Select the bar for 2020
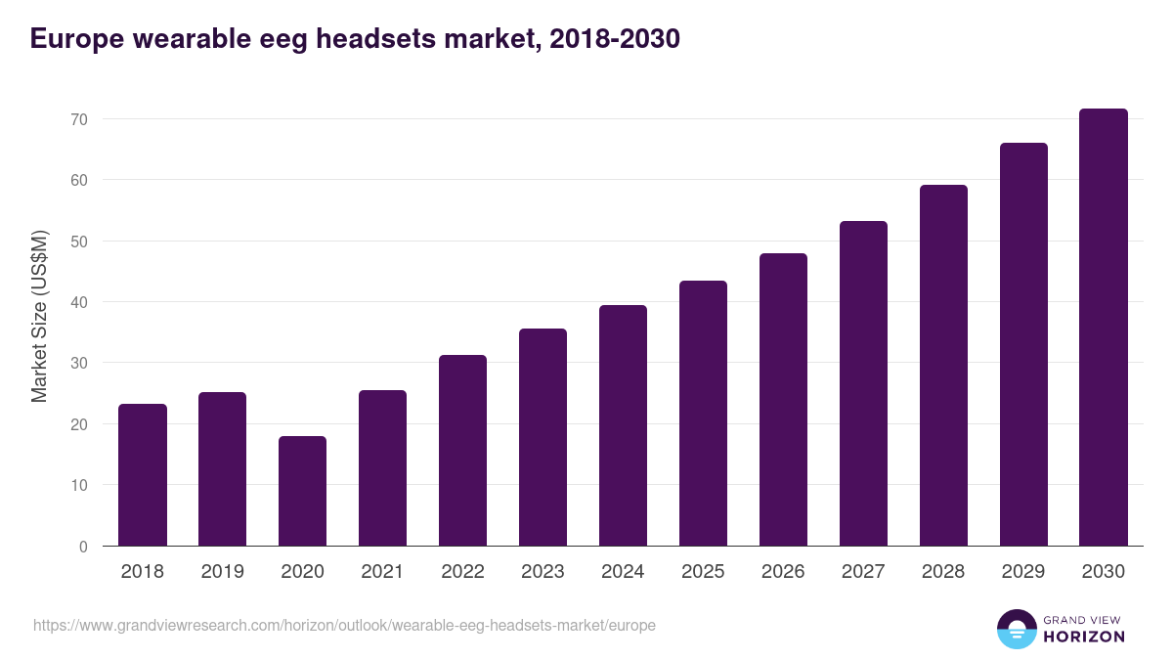click(x=302, y=491)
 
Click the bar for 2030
click(x=1104, y=328)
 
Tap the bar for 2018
click(x=143, y=475)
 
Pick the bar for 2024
click(x=623, y=425)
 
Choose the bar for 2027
click(x=863, y=383)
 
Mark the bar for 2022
click(x=462, y=451)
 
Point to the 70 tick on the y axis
click(x=77, y=119)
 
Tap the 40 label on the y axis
click(x=77, y=302)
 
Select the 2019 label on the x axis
click(x=222, y=572)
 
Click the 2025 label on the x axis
click(x=703, y=572)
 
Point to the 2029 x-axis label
click(x=1023, y=572)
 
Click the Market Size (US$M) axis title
click(x=39, y=315)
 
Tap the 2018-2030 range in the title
click(x=615, y=39)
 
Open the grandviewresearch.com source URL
click(x=344, y=625)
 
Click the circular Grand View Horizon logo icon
click(x=1016, y=629)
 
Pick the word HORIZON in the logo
click(x=1083, y=637)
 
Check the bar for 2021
click(x=382, y=468)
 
